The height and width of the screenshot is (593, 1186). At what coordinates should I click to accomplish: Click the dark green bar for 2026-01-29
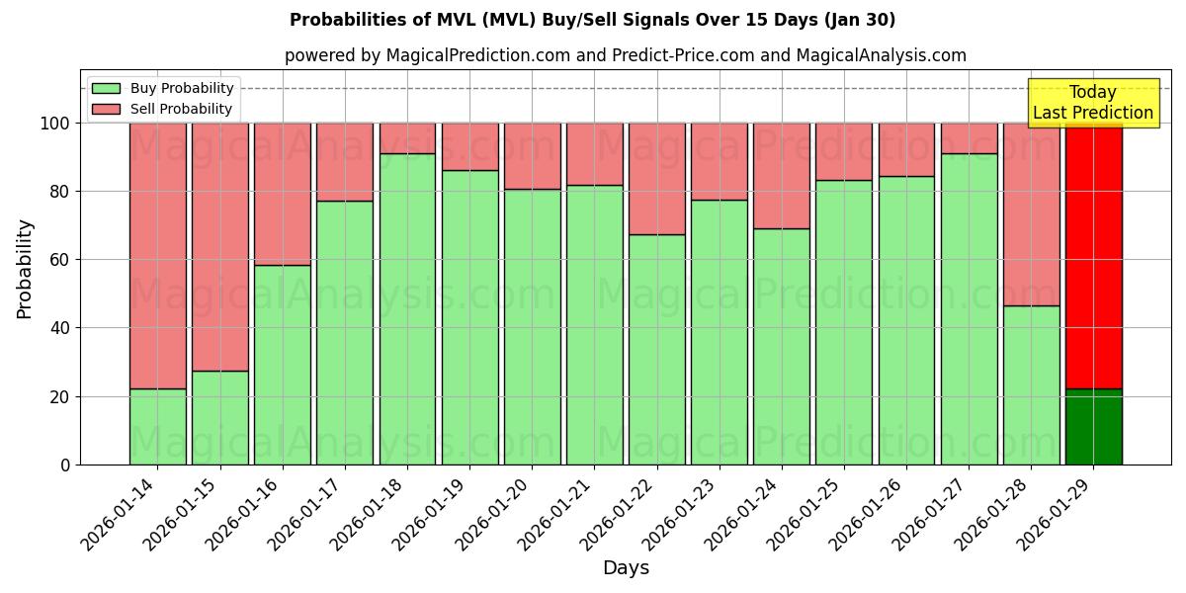[1093, 427]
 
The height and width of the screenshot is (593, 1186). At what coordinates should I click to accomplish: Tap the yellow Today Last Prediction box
[1093, 103]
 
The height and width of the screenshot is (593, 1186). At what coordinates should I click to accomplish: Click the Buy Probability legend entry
[182, 88]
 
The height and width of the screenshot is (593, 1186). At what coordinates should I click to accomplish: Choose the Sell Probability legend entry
[181, 109]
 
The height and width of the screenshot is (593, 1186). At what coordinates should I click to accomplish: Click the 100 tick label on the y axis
[55, 124]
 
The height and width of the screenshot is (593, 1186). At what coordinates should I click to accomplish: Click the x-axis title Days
[626, 568]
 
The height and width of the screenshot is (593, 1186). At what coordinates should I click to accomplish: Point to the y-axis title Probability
[25, 268]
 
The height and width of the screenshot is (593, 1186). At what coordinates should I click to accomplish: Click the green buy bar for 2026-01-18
[407, 308]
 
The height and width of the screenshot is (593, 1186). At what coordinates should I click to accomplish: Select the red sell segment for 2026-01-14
[157, 255]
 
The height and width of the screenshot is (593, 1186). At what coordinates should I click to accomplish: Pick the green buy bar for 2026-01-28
[1031, 384]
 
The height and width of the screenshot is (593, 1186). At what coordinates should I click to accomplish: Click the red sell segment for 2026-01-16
[283, 194]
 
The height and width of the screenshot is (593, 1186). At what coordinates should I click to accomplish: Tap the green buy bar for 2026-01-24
[781, 346]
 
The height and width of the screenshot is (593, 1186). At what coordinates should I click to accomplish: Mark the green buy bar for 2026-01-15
[219, 417]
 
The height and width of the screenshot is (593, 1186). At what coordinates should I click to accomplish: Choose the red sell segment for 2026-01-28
[1031, 214]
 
